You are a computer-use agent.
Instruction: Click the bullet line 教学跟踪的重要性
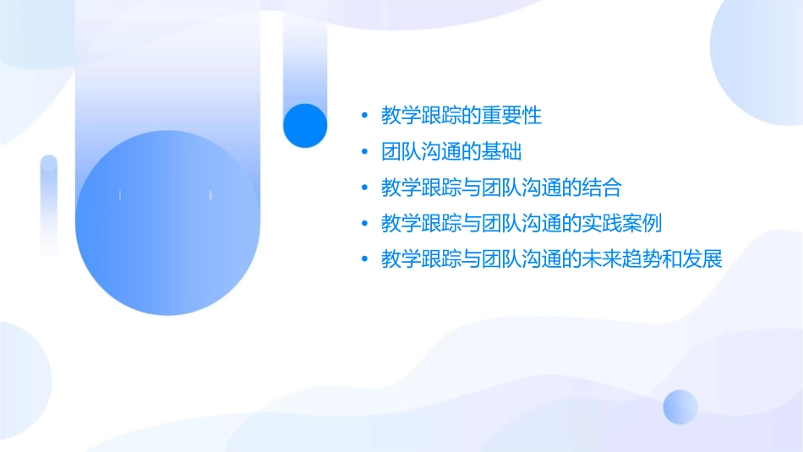pyautogui.click(x=462, y=116)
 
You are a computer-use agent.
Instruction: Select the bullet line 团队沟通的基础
pyautogui.click(x=451, y=152)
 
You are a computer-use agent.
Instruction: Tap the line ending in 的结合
pyautogui.click(x=501, y=188)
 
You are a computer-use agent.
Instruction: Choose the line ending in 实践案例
pyautogui.click(x=521, y=224)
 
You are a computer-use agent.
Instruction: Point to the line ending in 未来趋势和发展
pyautogui.click(x=551, y=259)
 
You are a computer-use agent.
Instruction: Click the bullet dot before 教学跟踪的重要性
pyautogui.click(x=364, y=116)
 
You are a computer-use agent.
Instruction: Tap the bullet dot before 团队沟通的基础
pyautogui.click(x=364, y=152)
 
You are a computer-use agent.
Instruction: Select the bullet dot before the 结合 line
pyautogui.click(x=364, y=188)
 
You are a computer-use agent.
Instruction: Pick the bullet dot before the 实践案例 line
pyautogui.click(x=364, y=224)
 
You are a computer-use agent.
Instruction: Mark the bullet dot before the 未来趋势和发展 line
pyautogui.click(x=364, y=259)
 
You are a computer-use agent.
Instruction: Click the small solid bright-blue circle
pyautogui.click(x=305, y=125)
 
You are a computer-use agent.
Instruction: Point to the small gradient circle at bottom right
pyautogui.click(x=680, y=406)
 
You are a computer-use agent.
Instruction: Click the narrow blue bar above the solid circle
pyautogui.click(x=304, y=59)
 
